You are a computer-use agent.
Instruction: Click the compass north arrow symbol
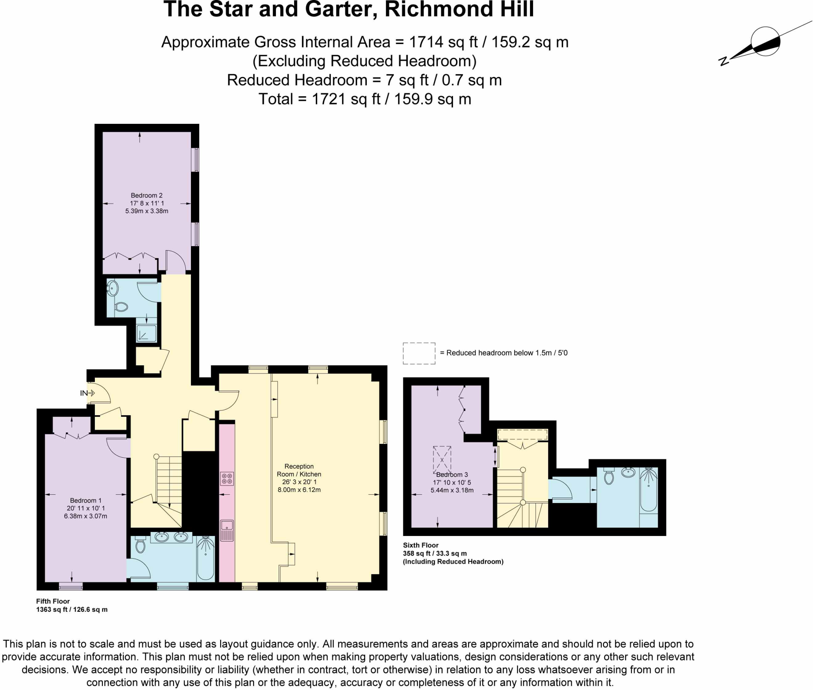[764, 42]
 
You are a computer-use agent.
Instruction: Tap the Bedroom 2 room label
[146, 195]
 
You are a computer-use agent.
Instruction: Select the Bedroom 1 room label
[86, 500]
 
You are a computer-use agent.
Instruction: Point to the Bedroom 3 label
[452, 475]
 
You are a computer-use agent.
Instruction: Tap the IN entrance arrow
[87, 393]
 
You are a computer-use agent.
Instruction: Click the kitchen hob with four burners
[227, 478]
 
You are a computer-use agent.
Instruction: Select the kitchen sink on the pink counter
[227, 530]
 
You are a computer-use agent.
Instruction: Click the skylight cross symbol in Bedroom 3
[442, 460]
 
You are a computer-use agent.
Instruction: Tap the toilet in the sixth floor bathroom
[609, 476]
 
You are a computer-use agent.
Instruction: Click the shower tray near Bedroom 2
[146, 333]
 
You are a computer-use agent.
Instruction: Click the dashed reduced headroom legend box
[419, 353]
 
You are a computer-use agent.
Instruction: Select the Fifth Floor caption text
[53, 601]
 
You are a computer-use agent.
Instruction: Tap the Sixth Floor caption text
[420, 545]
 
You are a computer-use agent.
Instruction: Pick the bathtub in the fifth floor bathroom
[206, 557]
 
